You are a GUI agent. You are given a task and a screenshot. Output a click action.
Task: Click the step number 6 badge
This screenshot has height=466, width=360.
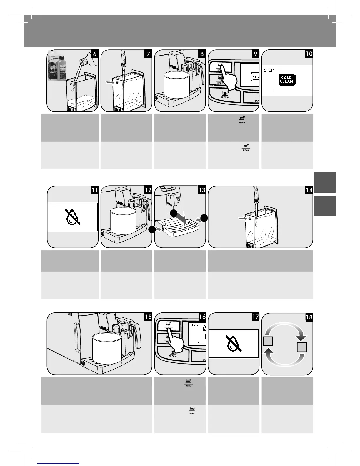[x=94, y=54]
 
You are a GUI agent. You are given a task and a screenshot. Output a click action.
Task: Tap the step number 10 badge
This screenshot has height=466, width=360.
[x=309, y=54]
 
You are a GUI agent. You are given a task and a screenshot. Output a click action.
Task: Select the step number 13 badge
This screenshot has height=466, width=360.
[x=202, y=190]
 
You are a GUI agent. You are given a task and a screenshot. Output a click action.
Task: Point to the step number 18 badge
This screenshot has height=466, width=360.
[x=309, y=317]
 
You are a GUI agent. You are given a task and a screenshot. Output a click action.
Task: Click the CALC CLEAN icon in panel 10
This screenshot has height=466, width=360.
[x=286, y=80]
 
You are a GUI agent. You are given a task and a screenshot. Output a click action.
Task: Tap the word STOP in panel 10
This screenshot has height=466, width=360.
[x=269, y=70]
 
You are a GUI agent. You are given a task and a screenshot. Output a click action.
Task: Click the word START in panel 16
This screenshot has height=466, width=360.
[x=194, y=325]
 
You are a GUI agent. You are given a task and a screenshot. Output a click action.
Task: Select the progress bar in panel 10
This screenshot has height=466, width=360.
[x=286, y=89]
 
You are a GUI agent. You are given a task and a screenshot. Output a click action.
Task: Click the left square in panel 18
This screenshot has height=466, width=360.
[x=268, y=342]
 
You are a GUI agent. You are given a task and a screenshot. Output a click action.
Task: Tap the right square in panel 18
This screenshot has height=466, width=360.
[x=302, y=347]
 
